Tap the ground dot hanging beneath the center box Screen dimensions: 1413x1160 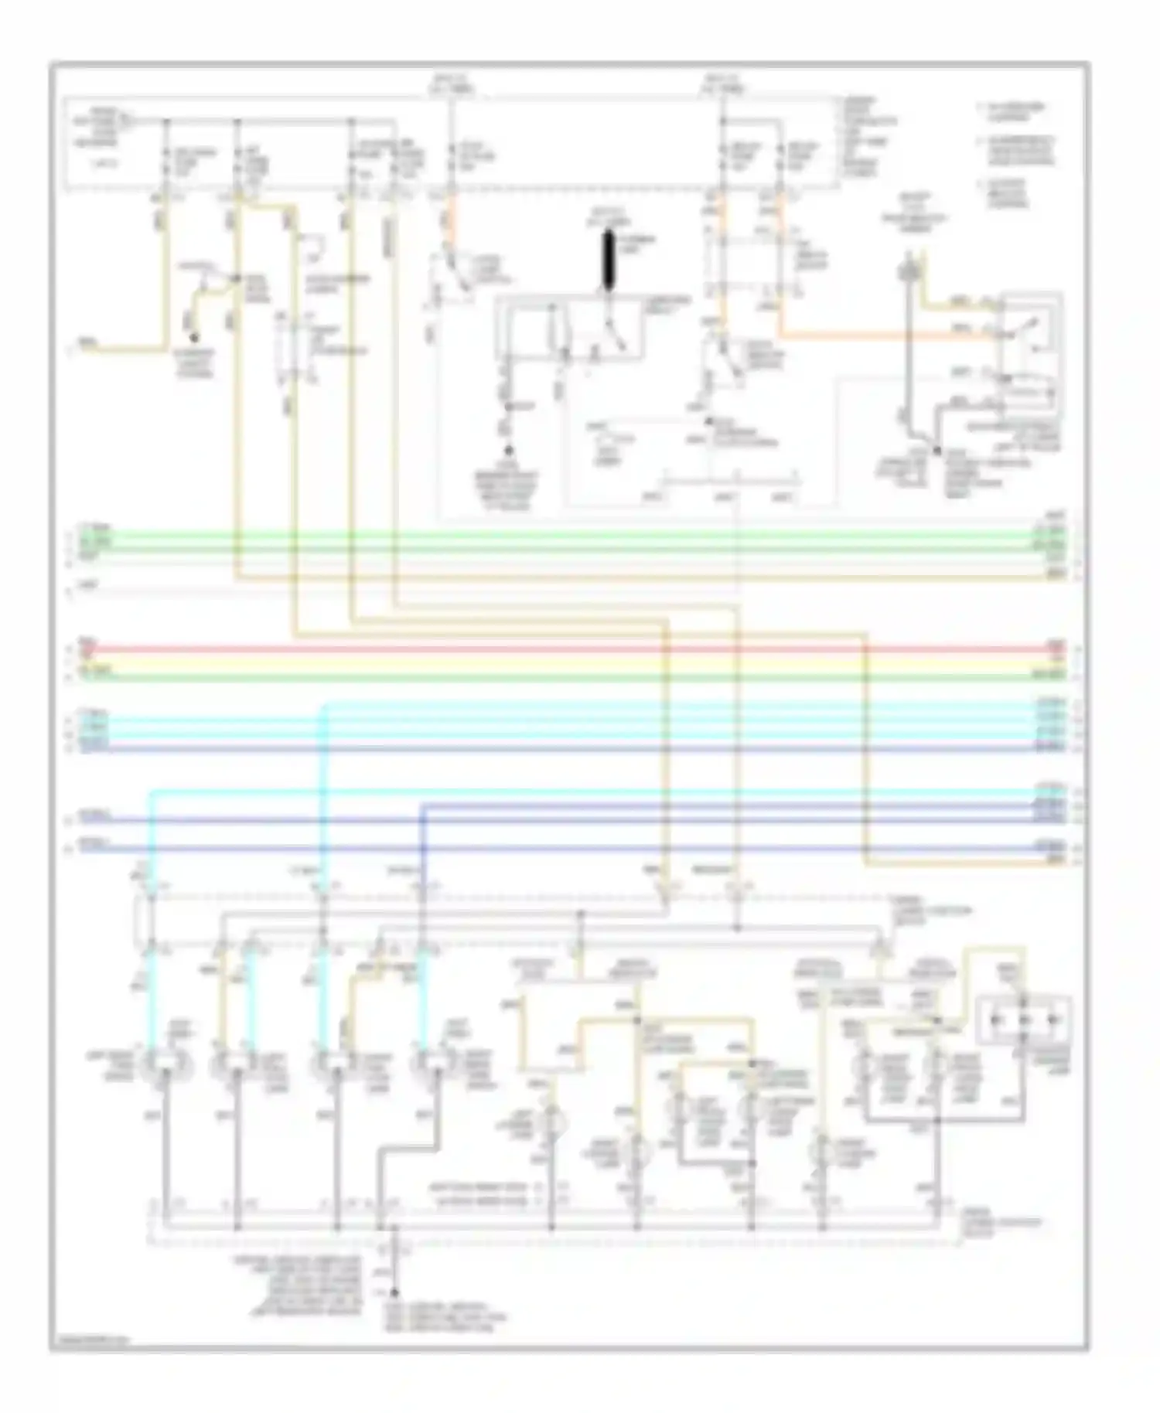pos(509,450)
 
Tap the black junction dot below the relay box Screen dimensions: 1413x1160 pos(937,450)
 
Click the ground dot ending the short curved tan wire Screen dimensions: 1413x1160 pos(194,337)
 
